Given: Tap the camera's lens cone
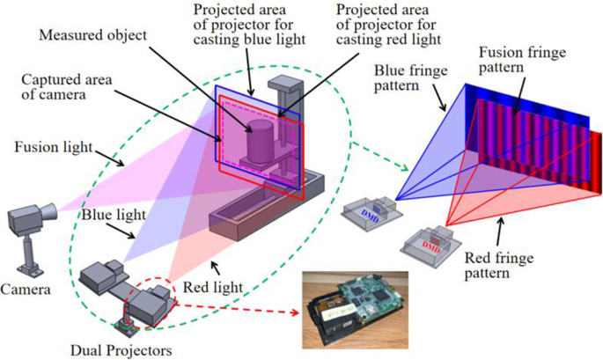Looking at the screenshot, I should [49, 209].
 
